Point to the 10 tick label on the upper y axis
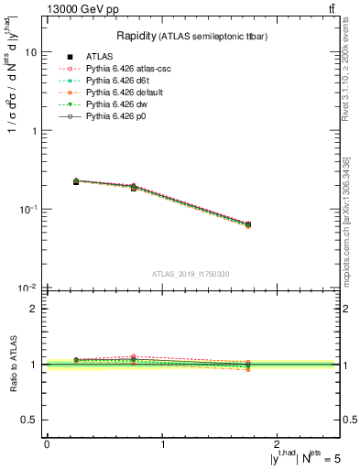pyautogui.click(x=30, y=52)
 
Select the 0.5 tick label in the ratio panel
pyautogui.click(x=30, y=420)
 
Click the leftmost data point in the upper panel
pyautogui.click(x=76, y=181)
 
